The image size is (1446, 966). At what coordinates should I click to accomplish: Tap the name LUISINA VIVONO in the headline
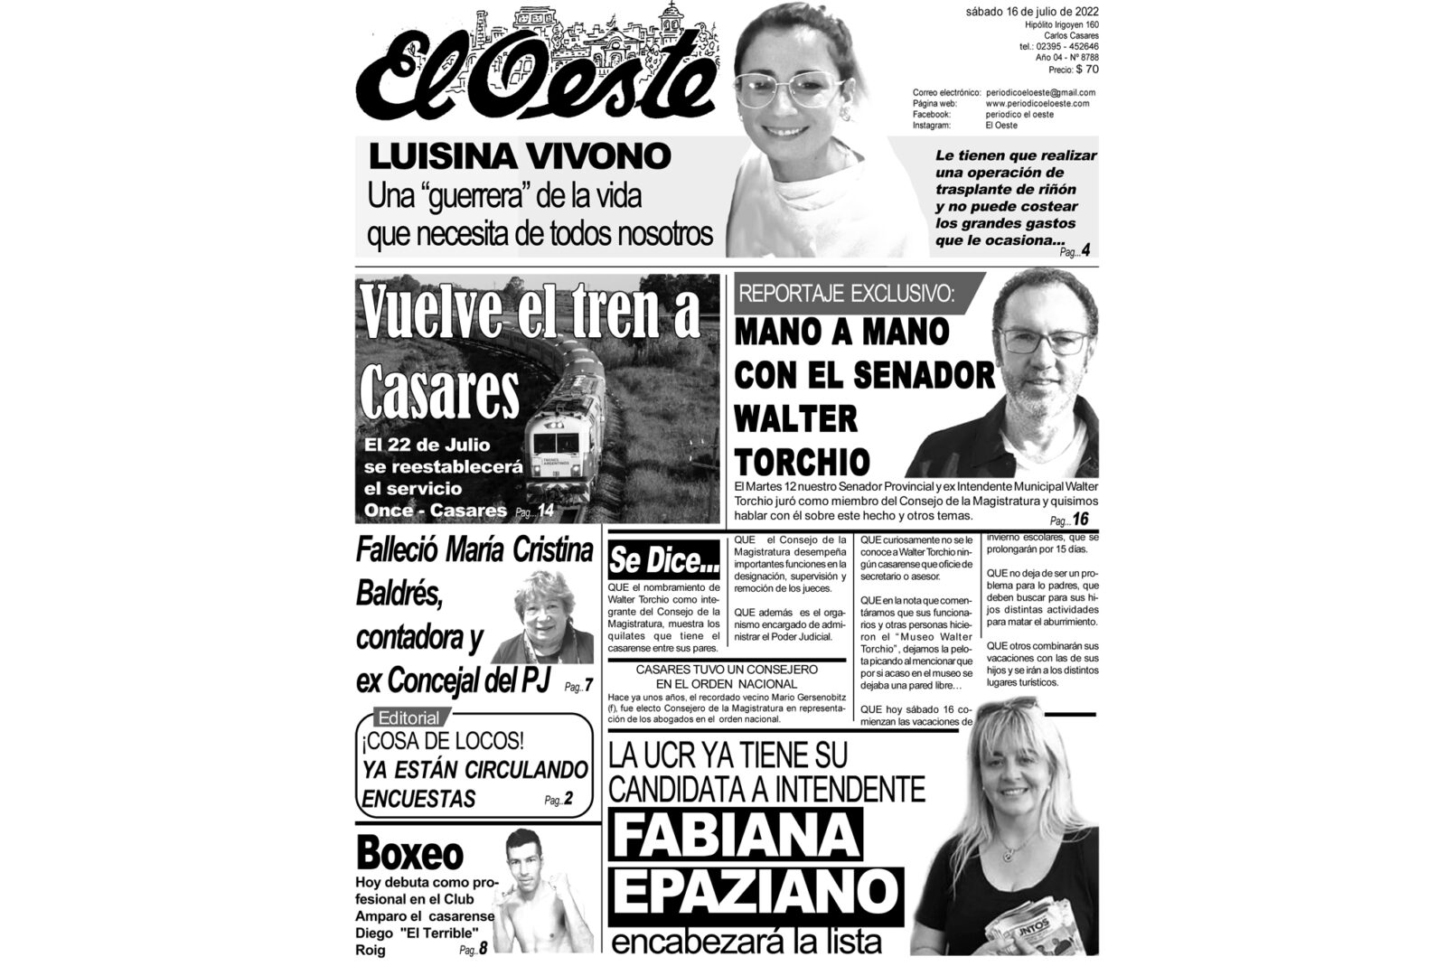519,156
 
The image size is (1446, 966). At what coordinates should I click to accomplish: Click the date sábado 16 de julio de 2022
1031,12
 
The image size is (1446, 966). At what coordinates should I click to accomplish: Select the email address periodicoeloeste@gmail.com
1040,92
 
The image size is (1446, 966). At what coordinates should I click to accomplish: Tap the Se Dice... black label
664,562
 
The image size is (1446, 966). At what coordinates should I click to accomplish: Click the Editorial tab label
408,718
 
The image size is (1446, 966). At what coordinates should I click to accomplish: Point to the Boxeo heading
409,852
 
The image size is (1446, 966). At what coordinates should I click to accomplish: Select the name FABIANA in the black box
735,836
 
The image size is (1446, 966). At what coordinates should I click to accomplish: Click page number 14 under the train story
545,512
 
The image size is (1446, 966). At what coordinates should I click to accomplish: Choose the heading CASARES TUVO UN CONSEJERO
727,670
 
